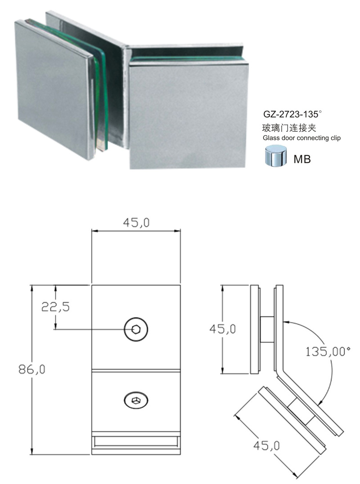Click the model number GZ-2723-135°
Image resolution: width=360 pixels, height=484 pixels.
pos(292,115)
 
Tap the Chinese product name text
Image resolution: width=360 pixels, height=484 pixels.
pos(289,128)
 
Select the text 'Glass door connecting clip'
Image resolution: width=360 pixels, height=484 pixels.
pos(301,138)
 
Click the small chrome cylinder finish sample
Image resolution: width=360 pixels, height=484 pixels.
pos(276,157)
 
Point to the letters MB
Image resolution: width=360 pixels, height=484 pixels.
pos(302,160)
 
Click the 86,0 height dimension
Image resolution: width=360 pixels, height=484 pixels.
pos(32,369)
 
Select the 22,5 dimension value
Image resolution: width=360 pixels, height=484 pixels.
pos(55,307)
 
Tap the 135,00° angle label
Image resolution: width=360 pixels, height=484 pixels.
pos(328,351)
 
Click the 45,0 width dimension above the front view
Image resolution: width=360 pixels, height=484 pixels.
pos(136,223)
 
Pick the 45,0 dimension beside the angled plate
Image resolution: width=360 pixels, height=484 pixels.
pos(266,445)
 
